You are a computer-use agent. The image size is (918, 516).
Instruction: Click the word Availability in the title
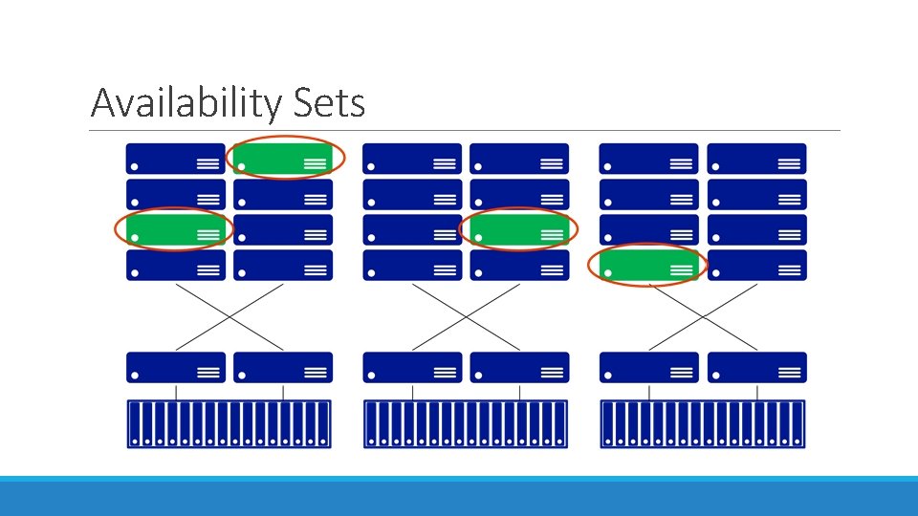click(183, 102)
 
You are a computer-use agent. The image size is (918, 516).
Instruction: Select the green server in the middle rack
click(519, 229)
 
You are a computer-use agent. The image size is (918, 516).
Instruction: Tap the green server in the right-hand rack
click(649, 265)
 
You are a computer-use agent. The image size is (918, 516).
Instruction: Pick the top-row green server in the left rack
click(283, 159)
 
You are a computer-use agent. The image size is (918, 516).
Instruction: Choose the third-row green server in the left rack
click(175, 229)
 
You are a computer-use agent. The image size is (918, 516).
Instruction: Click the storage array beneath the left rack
click(229, 423)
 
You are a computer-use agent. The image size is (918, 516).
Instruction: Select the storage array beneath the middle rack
click(466, 423)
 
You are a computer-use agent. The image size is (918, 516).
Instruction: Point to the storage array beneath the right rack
click(703, 423)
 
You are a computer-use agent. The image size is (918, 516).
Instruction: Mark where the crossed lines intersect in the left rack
click(229, 316)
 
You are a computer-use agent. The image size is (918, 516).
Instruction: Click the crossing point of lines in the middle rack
click(466, 316)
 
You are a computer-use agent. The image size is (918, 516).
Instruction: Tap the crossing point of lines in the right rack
click(703, 316)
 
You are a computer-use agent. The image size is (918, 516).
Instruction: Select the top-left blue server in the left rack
click(176, 159)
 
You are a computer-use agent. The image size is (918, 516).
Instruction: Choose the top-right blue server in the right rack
click(757, 159)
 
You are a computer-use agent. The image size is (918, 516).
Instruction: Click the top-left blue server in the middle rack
click(412, 159)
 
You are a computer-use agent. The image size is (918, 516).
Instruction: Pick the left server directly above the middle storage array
click(412, 367)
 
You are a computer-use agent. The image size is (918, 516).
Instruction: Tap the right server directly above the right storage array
click(757, 367)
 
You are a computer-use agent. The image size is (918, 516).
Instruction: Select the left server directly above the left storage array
click(176, 367)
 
